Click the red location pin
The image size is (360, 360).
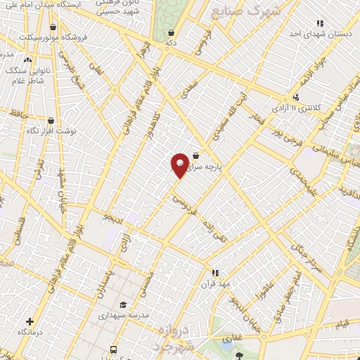pos(180,165)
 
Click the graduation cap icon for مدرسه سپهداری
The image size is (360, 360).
pos(123,305)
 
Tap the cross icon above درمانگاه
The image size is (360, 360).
pos(29,321)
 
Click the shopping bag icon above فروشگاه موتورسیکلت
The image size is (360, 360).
pos(53,27)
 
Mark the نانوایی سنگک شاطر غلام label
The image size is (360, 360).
pos(27,75)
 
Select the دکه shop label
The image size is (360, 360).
pos(171,44)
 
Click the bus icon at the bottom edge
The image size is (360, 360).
pos(113,349)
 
